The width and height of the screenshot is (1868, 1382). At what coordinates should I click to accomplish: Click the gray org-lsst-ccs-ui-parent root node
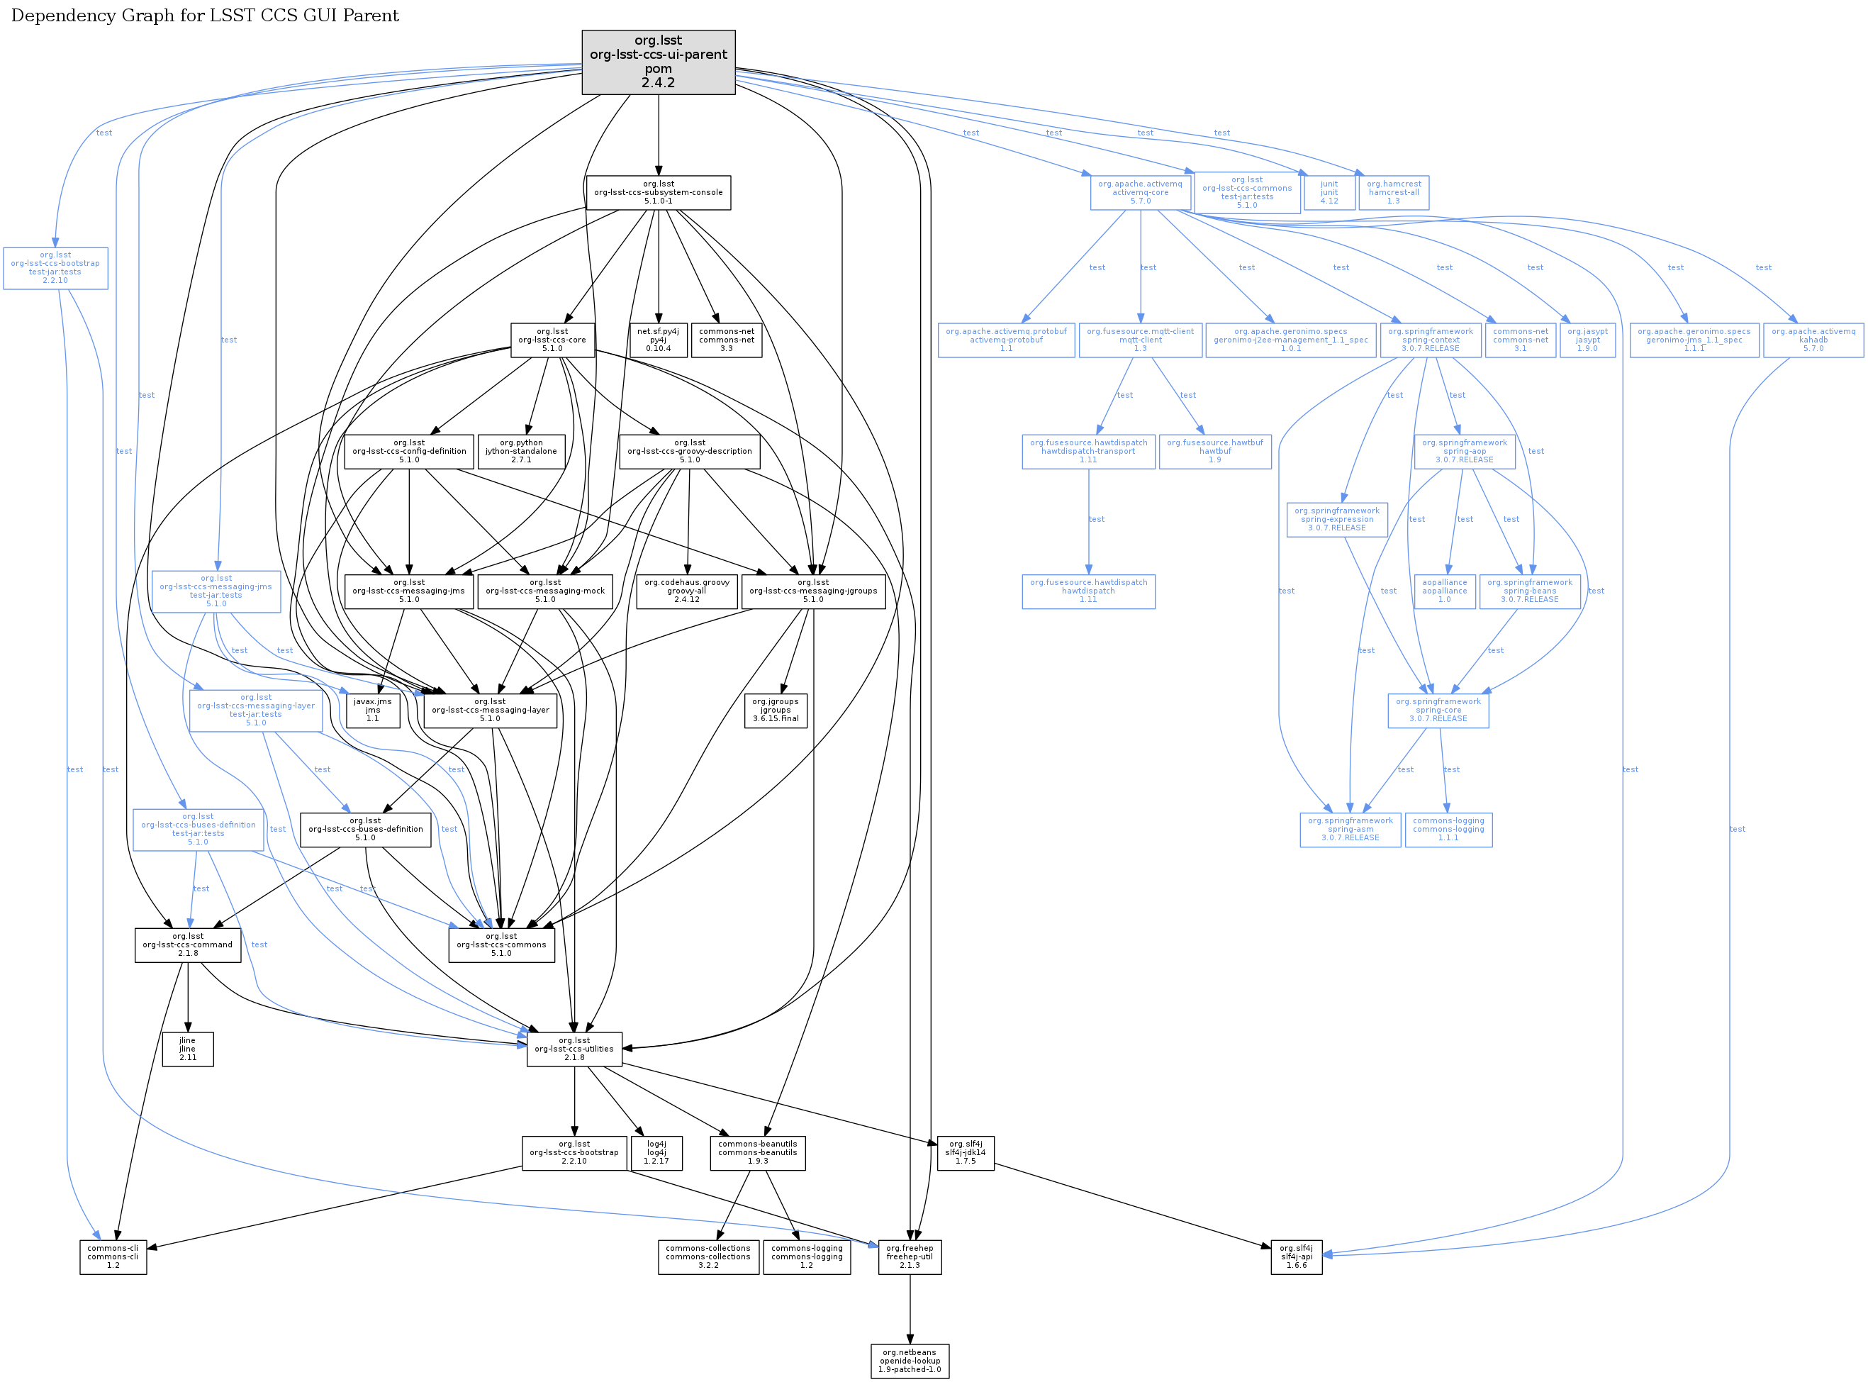(x=658, y=62)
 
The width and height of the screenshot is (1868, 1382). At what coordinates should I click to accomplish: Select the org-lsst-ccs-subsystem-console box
(x=658, y=192)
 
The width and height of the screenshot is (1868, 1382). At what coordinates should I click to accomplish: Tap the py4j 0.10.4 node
(x=658, y=340)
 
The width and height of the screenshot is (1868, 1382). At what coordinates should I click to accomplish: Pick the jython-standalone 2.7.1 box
(x=521, y=452)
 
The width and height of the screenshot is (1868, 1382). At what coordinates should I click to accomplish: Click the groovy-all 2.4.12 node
(x=686, y=591)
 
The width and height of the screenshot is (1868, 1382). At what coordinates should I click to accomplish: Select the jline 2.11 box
(x=187, y=1049)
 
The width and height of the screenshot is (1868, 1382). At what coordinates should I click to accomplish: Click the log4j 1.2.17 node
(x=656, y=1153)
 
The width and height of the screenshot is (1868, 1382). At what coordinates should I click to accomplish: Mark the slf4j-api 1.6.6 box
(x=1296, y=1257)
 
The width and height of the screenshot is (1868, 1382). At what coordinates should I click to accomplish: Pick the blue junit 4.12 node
(x=1329, y=192)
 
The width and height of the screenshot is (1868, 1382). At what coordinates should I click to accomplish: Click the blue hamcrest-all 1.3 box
(x=1393, y=192)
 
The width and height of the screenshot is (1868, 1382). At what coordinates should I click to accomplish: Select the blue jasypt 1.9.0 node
(x=1587, y=340)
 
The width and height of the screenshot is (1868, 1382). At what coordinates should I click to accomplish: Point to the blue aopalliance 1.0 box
(x=1444, y=591)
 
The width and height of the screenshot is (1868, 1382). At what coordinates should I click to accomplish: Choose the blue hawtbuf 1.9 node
(x=1215, y=452)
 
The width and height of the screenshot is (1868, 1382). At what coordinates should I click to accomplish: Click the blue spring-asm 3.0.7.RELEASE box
(x=1350, y=830)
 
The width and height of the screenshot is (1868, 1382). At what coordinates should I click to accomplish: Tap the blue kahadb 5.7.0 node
(x=1813, y=340)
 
